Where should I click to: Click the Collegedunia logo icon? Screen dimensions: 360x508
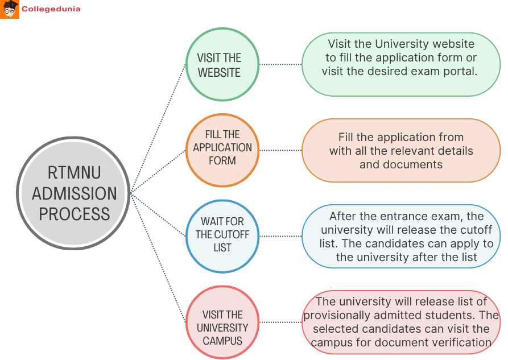(10, 9)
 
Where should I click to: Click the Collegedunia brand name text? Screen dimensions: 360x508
(51, 9)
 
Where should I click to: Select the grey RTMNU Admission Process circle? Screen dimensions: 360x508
(74, 193)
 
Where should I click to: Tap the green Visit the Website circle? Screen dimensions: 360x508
(222, 65)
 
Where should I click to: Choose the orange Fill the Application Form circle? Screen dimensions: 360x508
(222, 150)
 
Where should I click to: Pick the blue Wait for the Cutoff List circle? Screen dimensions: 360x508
(222, 235)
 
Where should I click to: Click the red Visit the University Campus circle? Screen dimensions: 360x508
(222, 322)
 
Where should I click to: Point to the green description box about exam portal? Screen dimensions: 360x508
(400, 65)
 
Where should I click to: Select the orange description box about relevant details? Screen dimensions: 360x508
(400, 150)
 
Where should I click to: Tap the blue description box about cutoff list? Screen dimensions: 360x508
(400, 236)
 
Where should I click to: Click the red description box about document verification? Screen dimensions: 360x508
(400, 322)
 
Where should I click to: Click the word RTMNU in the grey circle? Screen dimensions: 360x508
(74, 173)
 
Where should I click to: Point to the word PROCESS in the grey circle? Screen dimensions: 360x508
(74, 214)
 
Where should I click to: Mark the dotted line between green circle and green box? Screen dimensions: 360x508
(280, 65)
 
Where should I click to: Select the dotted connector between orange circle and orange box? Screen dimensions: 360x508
(280, 150)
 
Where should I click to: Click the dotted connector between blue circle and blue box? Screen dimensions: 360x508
(280, 236)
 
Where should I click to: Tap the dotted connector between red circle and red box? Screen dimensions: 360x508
(280, 322)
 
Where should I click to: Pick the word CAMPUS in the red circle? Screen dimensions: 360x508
(222, 341)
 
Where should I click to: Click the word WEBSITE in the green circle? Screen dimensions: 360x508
(219, 73)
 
